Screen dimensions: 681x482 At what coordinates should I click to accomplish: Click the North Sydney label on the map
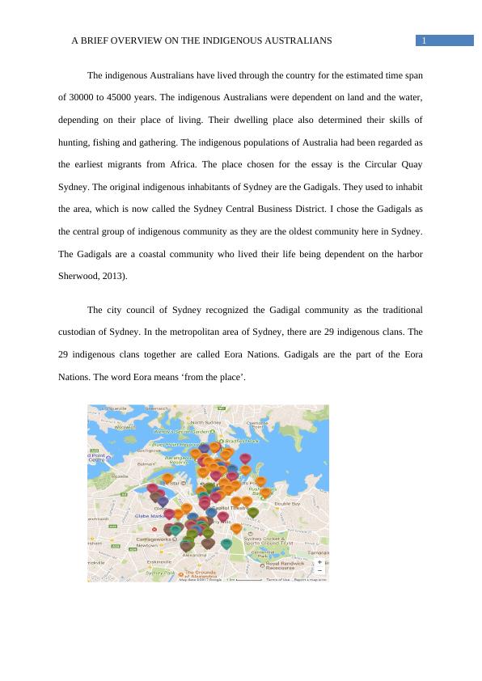(x=206, y=422)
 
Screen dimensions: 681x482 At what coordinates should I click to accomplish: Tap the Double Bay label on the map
(x=287, y=503)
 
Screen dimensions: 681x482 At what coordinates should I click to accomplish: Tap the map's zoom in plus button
(x=320, y=561)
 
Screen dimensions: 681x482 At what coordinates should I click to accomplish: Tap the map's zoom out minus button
(x=320, y=569)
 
